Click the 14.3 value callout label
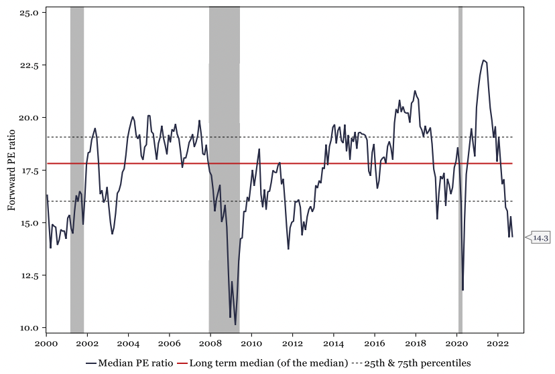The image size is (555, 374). click(541, 237)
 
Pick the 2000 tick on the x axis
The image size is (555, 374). click(46, 343)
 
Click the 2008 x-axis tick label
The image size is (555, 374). click(210, 343)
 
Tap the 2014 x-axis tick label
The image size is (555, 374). click(333, 343)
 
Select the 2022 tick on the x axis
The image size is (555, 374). click(497, 343)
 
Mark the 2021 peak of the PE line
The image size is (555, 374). click(483, 60)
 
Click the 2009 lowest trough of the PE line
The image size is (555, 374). click(235, 324)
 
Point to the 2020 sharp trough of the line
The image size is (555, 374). click(462, 290)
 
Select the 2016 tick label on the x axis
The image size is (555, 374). click(374, 343)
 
